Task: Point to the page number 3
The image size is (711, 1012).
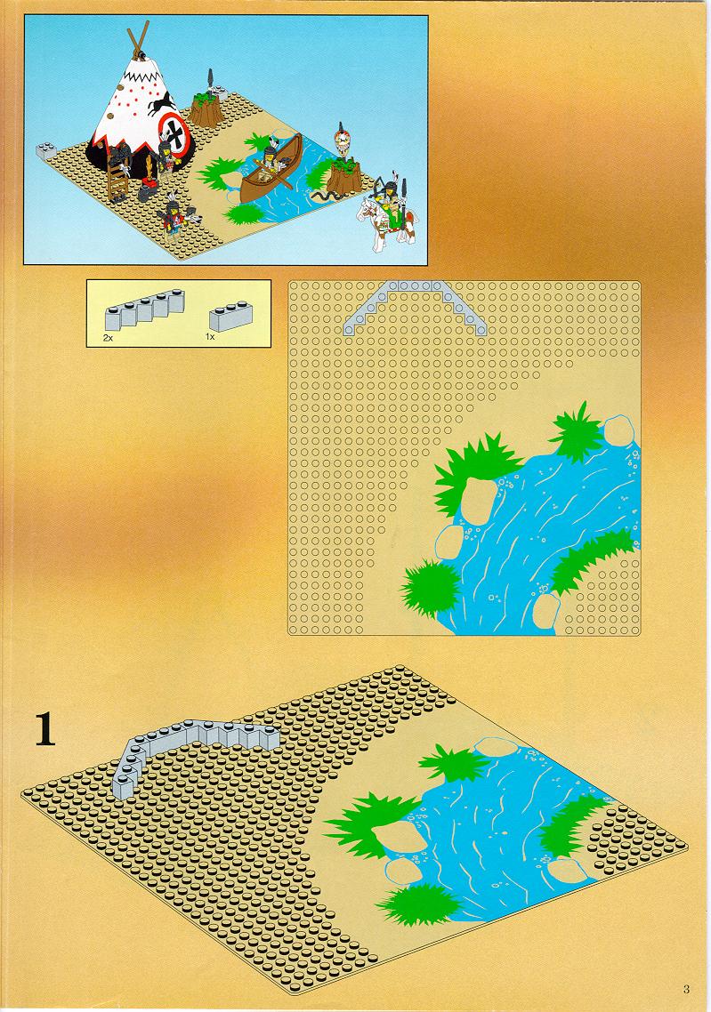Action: click(x=686, y=989)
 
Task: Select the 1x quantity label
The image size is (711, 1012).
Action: click(x=210, y=337)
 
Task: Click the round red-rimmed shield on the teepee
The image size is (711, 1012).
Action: click(x=174, y=134)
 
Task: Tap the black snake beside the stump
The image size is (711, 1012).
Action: click(x=322, y=195)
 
